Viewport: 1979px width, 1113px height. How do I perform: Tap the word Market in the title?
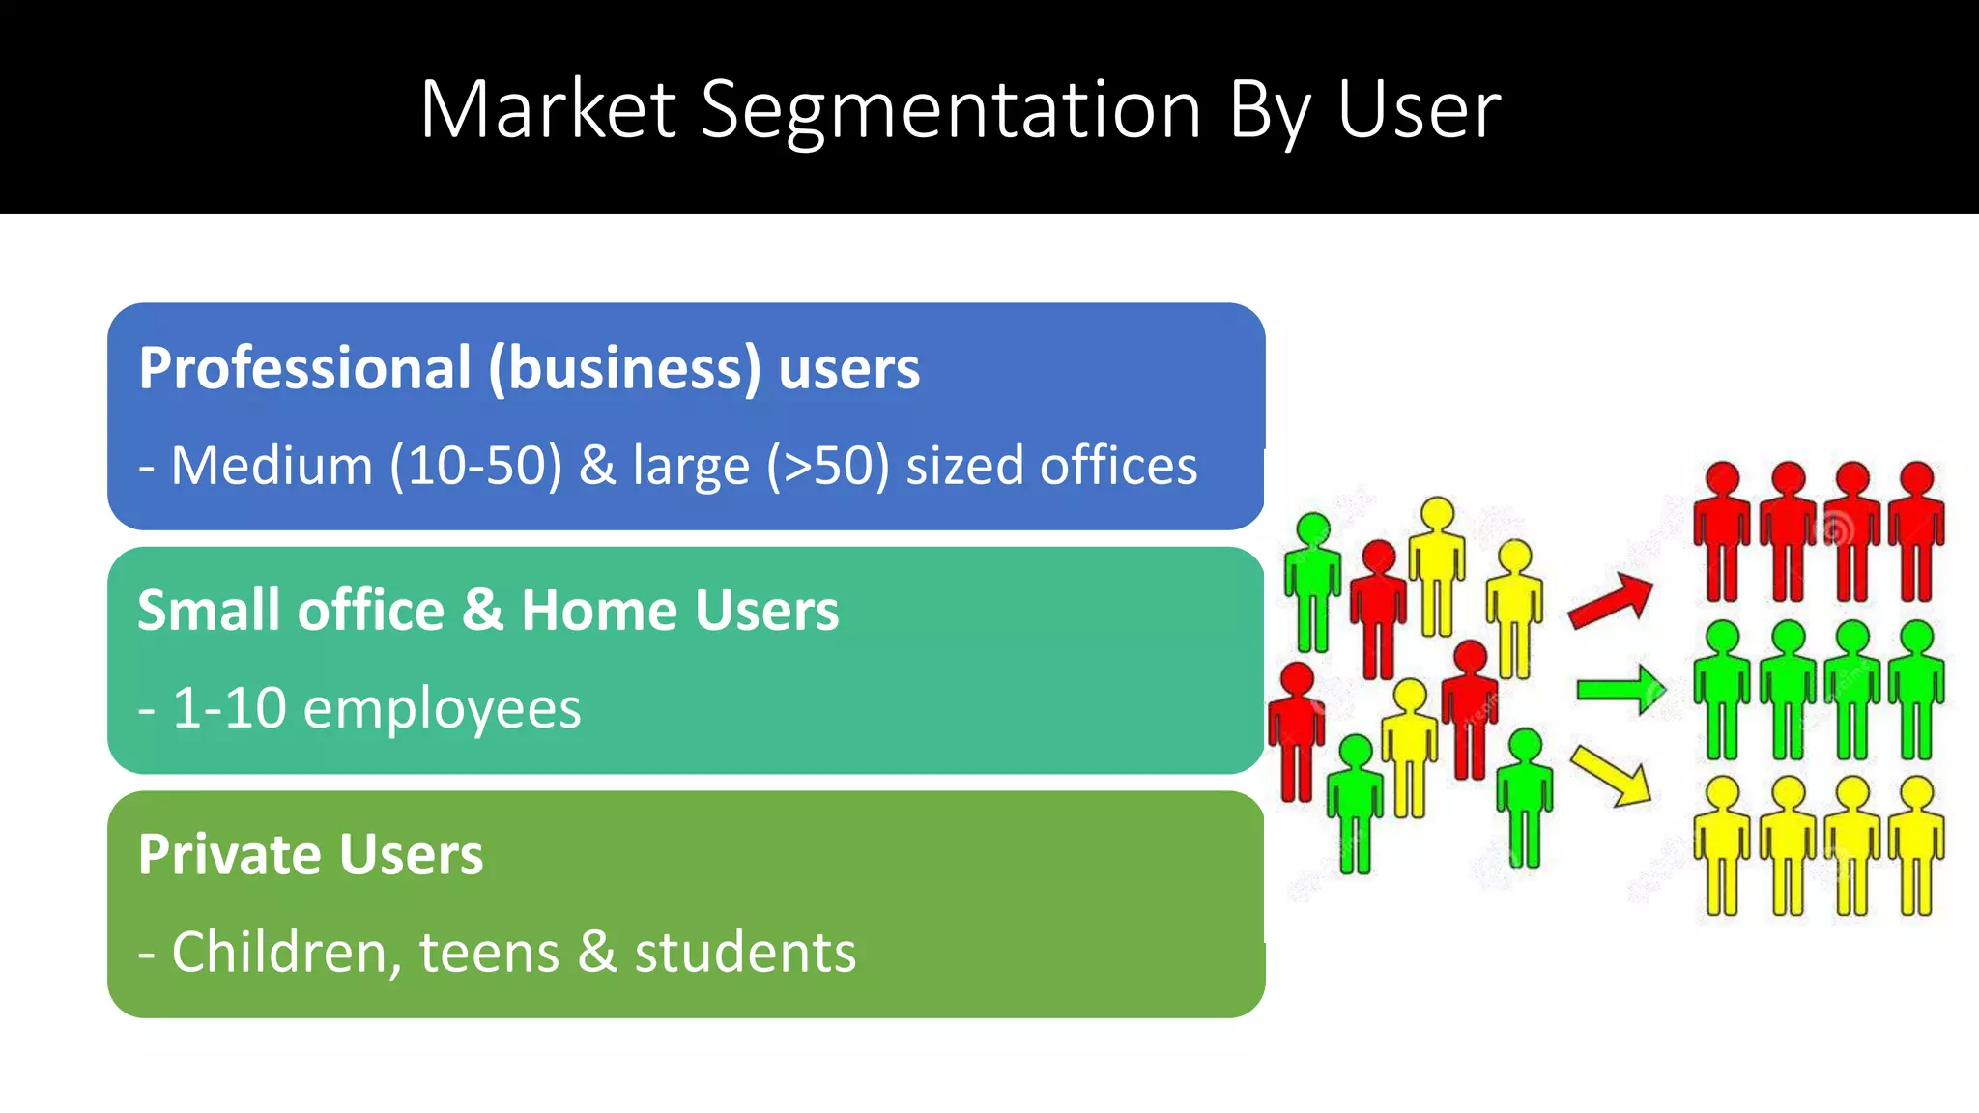548,109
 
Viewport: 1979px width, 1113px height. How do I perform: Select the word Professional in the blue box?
305,368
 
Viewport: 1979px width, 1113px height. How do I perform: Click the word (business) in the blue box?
624,369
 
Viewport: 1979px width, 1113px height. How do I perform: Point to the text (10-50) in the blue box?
475,466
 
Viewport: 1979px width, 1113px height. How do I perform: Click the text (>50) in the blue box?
827,466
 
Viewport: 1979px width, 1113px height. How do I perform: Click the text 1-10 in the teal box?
229,708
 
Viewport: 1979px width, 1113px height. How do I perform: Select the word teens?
489,953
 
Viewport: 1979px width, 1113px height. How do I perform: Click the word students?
745,953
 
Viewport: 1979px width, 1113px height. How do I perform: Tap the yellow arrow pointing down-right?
1611,776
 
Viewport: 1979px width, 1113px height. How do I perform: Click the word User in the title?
1419,109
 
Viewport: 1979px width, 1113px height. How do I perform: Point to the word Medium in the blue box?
272,466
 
